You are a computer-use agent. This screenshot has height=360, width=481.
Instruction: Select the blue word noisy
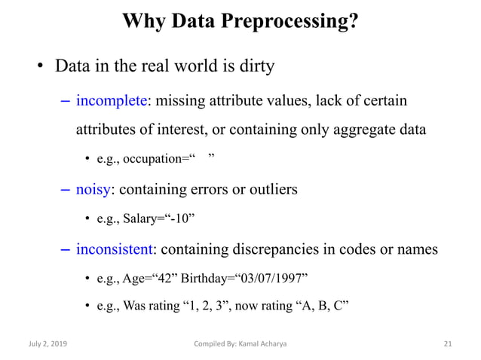point(93,190)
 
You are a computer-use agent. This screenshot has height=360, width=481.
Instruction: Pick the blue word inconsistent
point(115,249)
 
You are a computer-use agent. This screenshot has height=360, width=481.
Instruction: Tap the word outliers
point(270,190)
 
